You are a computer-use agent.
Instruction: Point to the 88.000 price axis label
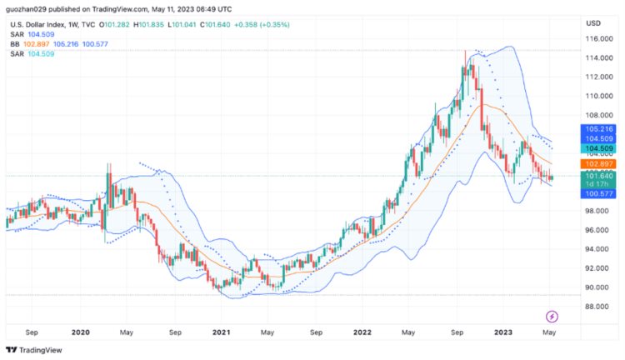[x=597, y=306]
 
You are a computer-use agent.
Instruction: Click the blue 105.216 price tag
[x=599, y=130]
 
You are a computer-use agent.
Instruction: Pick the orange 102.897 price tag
[x=599, y=165]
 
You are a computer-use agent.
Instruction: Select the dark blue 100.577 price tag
[x=599, y=193]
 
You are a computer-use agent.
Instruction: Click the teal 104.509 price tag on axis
[x=599, y=147]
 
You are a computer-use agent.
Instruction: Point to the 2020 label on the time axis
[x=80, y=332]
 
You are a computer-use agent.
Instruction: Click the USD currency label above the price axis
[x=593, y=22]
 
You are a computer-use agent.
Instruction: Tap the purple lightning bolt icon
[x=552, y=316]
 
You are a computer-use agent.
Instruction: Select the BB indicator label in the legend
[x=15, y=43]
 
